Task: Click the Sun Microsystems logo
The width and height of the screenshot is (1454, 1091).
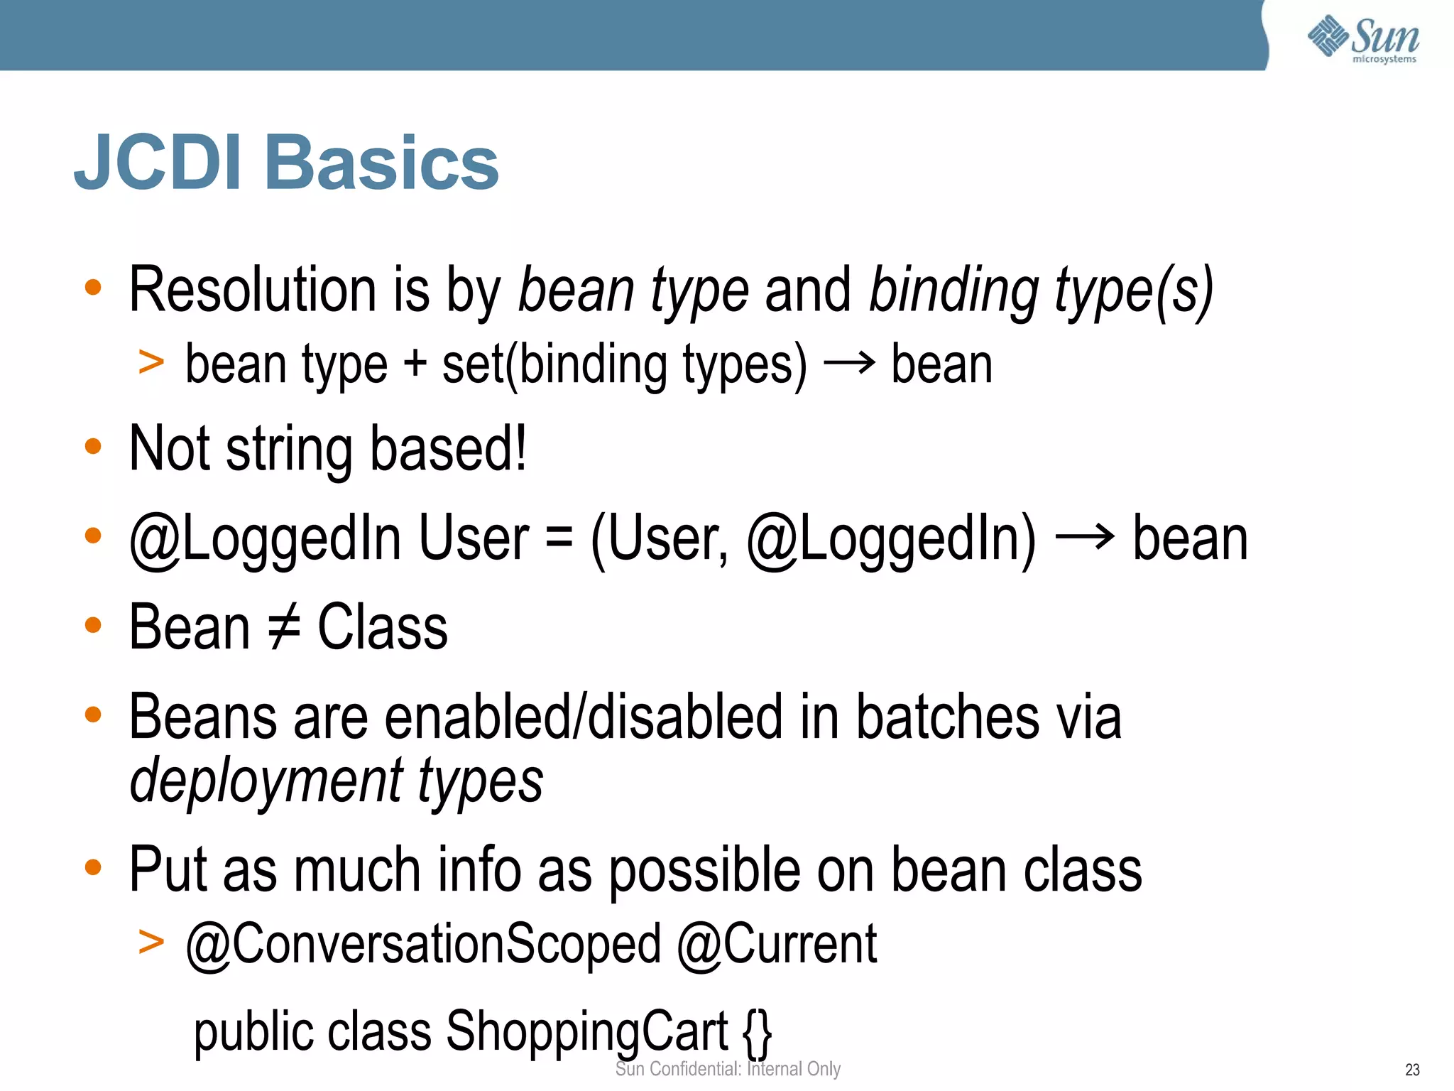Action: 1363,39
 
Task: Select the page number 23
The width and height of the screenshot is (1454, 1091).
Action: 1412,1070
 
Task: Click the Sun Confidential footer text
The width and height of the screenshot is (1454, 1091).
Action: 728,1069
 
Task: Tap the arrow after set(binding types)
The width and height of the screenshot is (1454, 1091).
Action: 849,364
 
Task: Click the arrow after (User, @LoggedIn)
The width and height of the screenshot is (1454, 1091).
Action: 1085,538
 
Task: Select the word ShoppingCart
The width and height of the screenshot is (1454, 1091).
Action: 586,1031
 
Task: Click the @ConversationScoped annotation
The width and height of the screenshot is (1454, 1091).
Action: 423,945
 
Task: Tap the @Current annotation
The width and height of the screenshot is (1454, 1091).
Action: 777,945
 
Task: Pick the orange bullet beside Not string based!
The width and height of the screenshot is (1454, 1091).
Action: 93,447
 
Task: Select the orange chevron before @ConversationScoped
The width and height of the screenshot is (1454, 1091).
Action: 151,943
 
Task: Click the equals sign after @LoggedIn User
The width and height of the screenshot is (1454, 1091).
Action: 559,538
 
